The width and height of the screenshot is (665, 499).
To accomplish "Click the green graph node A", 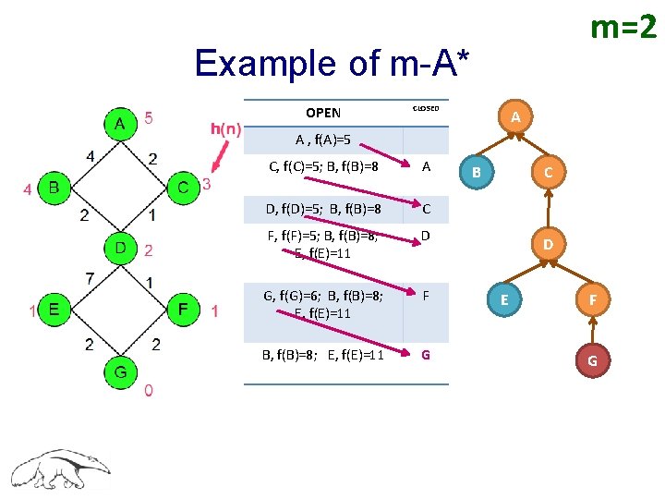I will (x=119, y=123).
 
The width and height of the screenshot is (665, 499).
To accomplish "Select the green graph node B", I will (x=54, y=189).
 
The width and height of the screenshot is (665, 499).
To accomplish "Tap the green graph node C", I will (x=184, y=189).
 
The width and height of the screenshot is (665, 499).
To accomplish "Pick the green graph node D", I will (x=119, y=249).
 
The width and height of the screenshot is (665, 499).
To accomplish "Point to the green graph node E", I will (x=54, y=310).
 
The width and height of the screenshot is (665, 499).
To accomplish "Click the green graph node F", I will (x=184, y=310).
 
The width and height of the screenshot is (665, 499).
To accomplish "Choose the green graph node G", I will (x=119, y=370).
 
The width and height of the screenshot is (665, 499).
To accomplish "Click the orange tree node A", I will (x=515, y=116).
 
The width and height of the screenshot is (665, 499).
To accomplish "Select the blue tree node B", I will (x=476, y=171).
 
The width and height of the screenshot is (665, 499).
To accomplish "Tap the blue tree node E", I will (x=503, y=300).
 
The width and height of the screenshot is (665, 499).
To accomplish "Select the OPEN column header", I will (x=323, y=113).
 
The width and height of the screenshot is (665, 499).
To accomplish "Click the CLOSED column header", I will (x=425, y=108).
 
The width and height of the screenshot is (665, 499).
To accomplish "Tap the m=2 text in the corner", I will (x=623, y=29).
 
